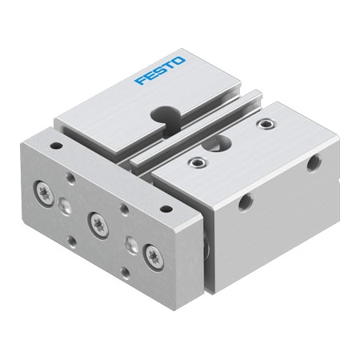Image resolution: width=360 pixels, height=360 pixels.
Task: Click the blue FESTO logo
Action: pyautogui.click(x=161, y=70)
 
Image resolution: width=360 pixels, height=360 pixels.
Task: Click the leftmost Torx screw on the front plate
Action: pyautogui.click(x=41, y=191)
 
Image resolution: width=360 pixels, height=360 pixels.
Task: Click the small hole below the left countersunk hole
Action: pyautogui.click(x=71, y=238)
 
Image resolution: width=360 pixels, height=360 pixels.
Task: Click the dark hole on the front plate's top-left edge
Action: pyautogui.click(x=55, y=147)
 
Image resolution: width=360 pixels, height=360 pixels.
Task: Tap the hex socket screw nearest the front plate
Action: pyautogui.click(x=194, y=165)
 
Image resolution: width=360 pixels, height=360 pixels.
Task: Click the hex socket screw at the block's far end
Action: pyautogui.click(x=264, y=125)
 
